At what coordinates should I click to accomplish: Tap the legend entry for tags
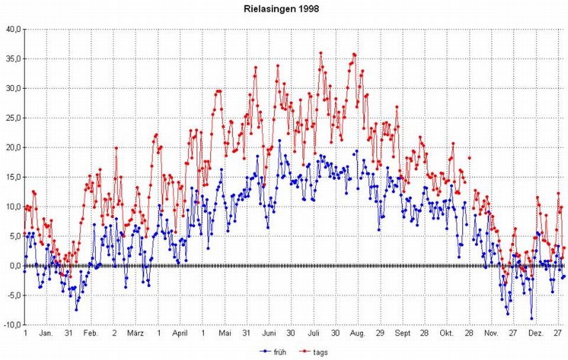[x=319, y=352]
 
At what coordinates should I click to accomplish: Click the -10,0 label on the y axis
[x=13, y=325]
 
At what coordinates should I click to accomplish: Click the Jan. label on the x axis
[x=47, y=333]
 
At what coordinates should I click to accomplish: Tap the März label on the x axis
[x=136, y=333]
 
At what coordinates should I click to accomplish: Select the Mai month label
[x=225, y=333]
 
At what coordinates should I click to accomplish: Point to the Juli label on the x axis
[x=314, y=333]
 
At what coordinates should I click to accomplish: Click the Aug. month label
[x=358, y=333]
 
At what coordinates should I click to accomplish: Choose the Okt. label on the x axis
[x=446, y=333]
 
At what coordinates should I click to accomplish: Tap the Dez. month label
[x=535, y=333]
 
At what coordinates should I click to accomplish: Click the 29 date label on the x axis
[x=380, y=333]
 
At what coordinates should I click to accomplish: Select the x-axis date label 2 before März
[x=114, y=333]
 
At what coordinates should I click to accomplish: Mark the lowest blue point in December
[x=531, y=318]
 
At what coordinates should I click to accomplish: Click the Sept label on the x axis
[x=402, y=333]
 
